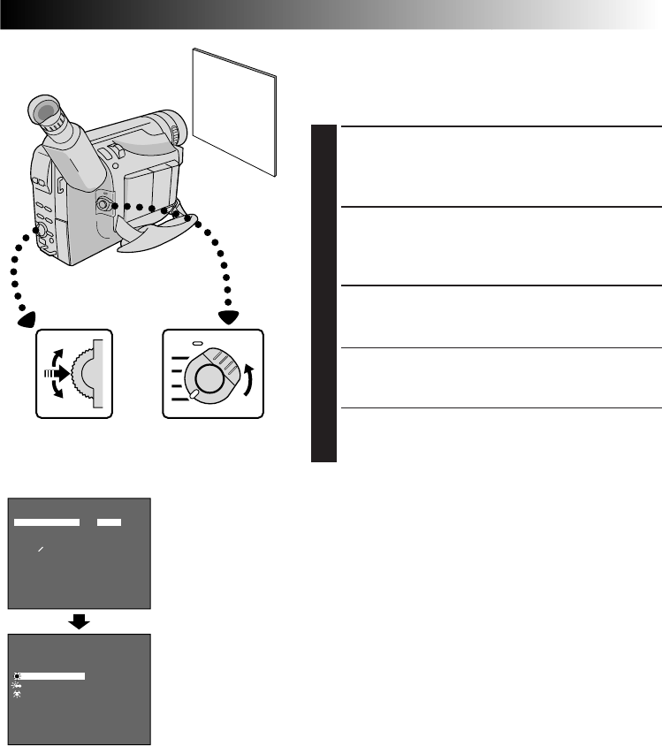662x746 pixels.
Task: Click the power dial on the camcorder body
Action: click(104, 205)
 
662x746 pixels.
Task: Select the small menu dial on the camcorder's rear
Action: click(39, 230)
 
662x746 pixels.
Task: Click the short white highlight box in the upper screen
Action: click(110, 522)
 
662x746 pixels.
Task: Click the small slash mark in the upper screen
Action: click(40, 550)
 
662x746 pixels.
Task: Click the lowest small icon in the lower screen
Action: click(18, 695)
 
